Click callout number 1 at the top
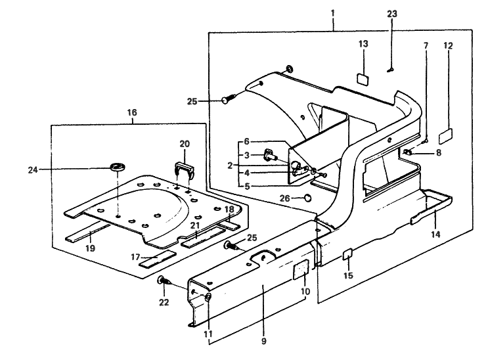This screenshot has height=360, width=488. point(333,12)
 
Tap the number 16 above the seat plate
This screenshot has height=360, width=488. point(131,112)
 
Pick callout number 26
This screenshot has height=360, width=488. point(284,198)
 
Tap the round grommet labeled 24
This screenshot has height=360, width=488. point(119,164)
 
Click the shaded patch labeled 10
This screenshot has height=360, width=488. point(301,269)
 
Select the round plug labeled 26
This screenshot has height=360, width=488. point(307,197)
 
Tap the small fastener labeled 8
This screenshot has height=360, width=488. point(408,152)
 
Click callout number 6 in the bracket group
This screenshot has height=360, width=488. point(247,141)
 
